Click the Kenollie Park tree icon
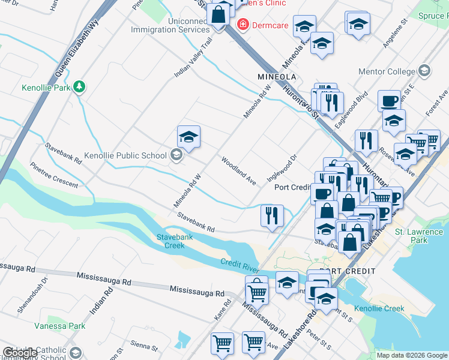click(79, 87)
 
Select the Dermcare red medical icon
click(243, 25)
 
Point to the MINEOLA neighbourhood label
click(277, 77)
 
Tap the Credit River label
click(239, 263)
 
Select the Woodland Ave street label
click(238, 170)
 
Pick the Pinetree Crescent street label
click(53, 174)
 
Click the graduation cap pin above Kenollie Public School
click(188, 137)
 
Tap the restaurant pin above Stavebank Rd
click(272, 215)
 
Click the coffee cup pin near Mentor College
click(389, 100)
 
